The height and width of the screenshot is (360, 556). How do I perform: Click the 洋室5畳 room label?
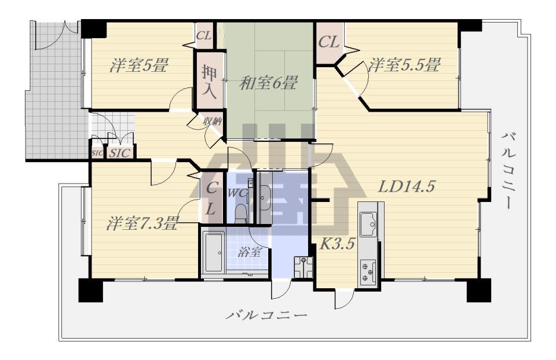pos(138,65)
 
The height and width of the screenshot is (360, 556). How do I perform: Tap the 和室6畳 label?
pos(268,83)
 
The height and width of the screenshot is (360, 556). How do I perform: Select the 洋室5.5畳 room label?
pos(404,65)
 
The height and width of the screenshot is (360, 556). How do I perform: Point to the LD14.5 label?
pos(407,186)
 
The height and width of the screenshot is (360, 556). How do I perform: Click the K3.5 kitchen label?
pos(338,244)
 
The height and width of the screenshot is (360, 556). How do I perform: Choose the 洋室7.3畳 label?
pos(142,223)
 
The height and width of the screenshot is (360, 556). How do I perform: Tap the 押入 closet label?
pos(209,82)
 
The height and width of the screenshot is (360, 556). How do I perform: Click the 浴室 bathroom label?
pos(250,252)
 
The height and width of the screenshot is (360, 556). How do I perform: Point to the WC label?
pos(237,193)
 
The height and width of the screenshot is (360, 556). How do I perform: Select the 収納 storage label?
pos(213,121)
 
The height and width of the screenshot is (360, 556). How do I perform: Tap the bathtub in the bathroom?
pos(213,253)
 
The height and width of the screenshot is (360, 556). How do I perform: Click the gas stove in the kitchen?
pos(368,272)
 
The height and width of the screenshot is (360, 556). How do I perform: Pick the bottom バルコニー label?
pos(266,315)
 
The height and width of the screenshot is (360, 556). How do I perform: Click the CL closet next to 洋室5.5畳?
pos(329,42)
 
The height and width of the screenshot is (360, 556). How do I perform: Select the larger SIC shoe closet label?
pos(119,153)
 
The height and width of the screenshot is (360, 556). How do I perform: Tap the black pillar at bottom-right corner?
pos(479,290)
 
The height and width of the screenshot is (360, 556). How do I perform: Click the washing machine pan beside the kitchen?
pos(303,267)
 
